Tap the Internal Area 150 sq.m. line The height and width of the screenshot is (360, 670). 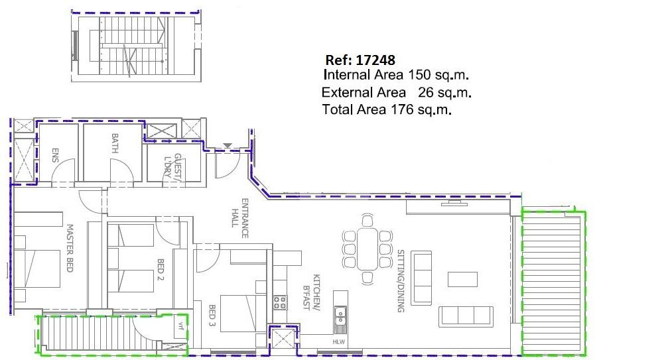396,75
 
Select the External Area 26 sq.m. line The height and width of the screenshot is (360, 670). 397,92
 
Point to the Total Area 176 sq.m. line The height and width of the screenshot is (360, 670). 387,109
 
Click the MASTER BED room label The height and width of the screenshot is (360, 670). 70,248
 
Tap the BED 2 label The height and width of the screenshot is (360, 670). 161,269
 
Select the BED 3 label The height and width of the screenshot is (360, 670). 212,315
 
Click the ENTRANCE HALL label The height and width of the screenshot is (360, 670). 240,218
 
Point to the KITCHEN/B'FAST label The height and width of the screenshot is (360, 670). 312,292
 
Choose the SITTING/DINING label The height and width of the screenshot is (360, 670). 401,281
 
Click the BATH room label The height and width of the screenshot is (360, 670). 115,143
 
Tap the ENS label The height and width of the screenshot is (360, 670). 54,155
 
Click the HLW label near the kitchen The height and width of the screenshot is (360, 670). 338,341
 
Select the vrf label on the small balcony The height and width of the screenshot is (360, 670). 181,328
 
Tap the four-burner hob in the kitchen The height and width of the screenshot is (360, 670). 280,302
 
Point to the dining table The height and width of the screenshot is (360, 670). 367,249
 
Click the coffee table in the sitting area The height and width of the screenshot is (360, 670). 462,279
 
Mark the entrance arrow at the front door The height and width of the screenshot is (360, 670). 228,146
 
